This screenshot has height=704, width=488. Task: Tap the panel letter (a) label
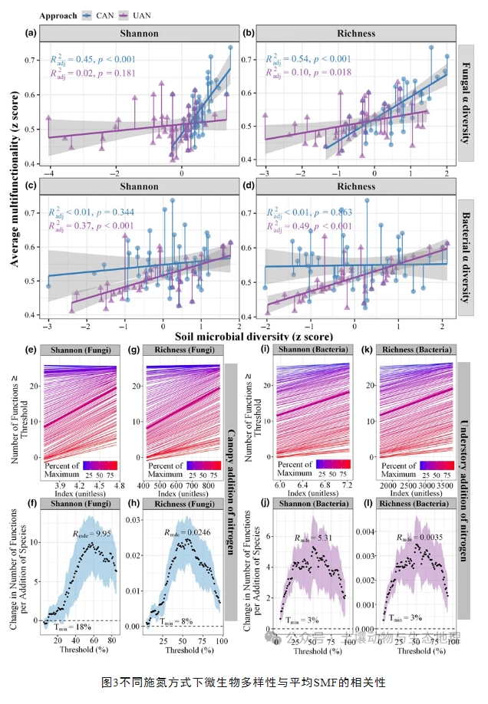tap(31, 33)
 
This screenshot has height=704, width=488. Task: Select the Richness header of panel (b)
tap(356, 33)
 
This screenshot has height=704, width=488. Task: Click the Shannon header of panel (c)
tap(139, 186)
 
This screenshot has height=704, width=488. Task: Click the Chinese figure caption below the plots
tap(242, 681)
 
